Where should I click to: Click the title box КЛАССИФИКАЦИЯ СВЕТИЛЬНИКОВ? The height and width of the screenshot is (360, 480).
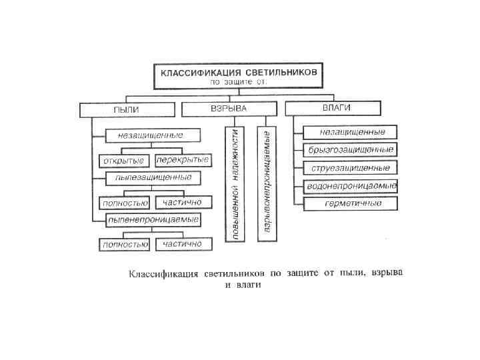pyautogui.click(x=239, y=71)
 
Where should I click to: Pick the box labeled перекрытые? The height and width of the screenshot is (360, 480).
pyautogui.click(x=183, y=160)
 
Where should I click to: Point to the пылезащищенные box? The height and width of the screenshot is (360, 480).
pyautogui.click(x=153, y=177)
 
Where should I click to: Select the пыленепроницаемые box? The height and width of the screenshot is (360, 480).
pyautogui.click(x=153, y=219)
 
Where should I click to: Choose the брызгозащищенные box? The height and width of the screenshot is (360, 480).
pyautogui.click(x=349, y=149)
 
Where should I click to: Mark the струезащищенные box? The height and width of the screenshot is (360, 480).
pyautogui.click(x=349, y=167)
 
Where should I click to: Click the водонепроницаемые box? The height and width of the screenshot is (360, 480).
pyautogui.click(x=351, y=185)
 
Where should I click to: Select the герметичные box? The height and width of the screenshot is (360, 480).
pyautogui.click(x=349, y=203)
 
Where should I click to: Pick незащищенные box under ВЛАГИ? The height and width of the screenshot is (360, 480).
pyautogui.click(x=349, y=131)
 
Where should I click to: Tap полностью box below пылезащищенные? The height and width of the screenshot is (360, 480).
pyautogui.click(x=124, y=202)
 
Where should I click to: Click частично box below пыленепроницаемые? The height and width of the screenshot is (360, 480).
pyautogui.click(x=183, y=244)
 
